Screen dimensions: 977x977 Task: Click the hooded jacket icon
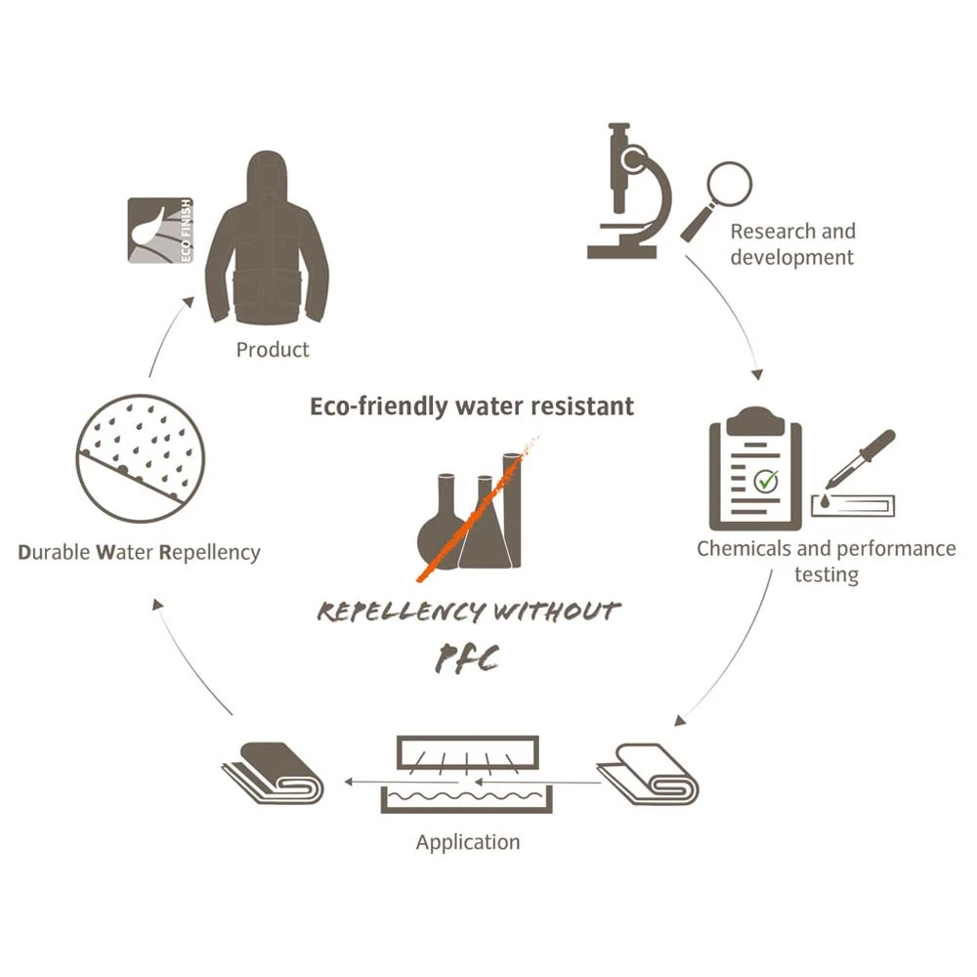pyautogui.click(x=268, y=237)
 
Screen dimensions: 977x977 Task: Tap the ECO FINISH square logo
pyautogui.click(x=160, y=231)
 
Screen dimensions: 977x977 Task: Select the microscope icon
pyautogui.click(x=629, y=191)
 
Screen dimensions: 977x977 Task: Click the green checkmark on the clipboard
pyautogui.click(x=766, y=481)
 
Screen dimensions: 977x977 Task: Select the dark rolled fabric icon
pyautogui.click(x=273, y=773)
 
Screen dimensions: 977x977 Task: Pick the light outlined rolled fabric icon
pyautogui.click(x=648, y=774)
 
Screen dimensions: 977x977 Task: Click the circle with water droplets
pyautogui.click(x=140, y=458)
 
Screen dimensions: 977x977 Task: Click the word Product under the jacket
pyautogui.click(x=273, y=350)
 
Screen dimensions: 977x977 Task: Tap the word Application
pyautogui.click(x=468, y=842)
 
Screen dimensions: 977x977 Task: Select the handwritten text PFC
pyautogui.click(x=467, y=659)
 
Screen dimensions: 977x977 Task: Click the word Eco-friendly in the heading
pyautogui.click(x=379, y=406)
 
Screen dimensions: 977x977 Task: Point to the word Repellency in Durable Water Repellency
pyautogui.click(x=210, y=553)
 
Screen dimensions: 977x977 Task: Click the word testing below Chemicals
pyautogui.click(x=827, y=574)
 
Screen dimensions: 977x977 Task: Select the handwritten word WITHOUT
pyautogui.click(x=557, y=612)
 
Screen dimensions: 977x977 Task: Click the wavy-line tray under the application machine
pyautogui.click(x=467, y=799)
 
